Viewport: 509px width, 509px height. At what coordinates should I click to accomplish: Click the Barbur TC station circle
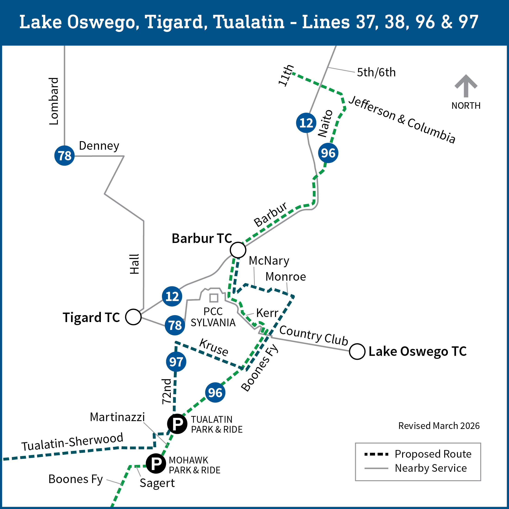click(238, 250)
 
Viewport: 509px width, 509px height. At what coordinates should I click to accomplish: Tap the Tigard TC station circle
click(133, 317)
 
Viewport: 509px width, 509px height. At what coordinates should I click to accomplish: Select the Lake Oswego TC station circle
click(357, 351)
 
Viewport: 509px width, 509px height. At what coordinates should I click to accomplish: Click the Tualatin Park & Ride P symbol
click(177, 424)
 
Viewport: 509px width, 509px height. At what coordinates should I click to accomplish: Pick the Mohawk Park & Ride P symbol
click(156, 463)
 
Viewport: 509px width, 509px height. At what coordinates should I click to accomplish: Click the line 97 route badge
click(176, 362)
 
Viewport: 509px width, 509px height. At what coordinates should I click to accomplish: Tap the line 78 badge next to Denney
click(65, 155)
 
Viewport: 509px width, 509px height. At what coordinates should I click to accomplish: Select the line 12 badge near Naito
click(306, 123)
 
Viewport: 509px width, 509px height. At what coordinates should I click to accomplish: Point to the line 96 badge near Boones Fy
click(215, 393)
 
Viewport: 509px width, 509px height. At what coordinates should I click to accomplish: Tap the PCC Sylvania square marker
click(214, 298)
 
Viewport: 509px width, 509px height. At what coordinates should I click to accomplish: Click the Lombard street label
click(54, 101)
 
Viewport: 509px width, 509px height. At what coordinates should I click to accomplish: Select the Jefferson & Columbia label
click(402, 120)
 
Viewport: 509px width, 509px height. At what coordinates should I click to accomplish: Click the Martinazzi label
click(117, 417)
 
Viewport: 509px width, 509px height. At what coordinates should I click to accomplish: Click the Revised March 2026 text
click(439, 426)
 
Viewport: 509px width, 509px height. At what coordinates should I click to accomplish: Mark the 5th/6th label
click(376, 72)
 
